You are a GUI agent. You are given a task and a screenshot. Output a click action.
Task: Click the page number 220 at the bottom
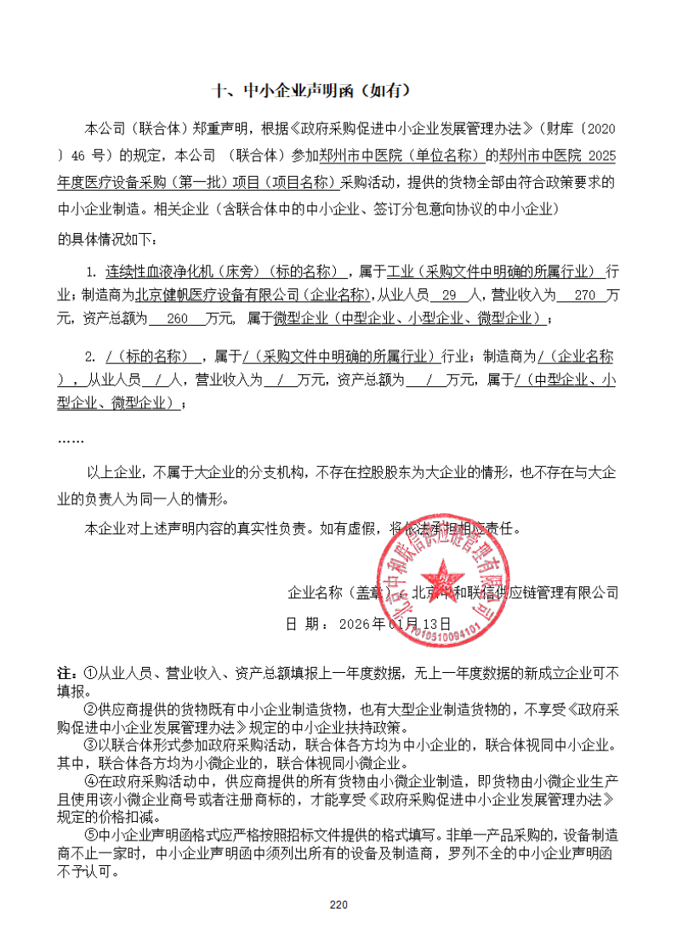click(x=338, y=904)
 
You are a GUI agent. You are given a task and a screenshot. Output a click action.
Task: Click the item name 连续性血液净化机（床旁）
click(x=185, y=273)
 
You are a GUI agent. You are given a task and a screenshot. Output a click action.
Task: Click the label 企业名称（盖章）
click(x=338, y=591)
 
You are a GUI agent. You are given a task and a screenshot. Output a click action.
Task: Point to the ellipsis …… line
click(x=71, y=439)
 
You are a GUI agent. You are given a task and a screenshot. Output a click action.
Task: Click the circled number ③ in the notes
click(x=90, y=744)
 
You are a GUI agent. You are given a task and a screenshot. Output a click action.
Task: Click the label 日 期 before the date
click(x=304, y=624)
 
